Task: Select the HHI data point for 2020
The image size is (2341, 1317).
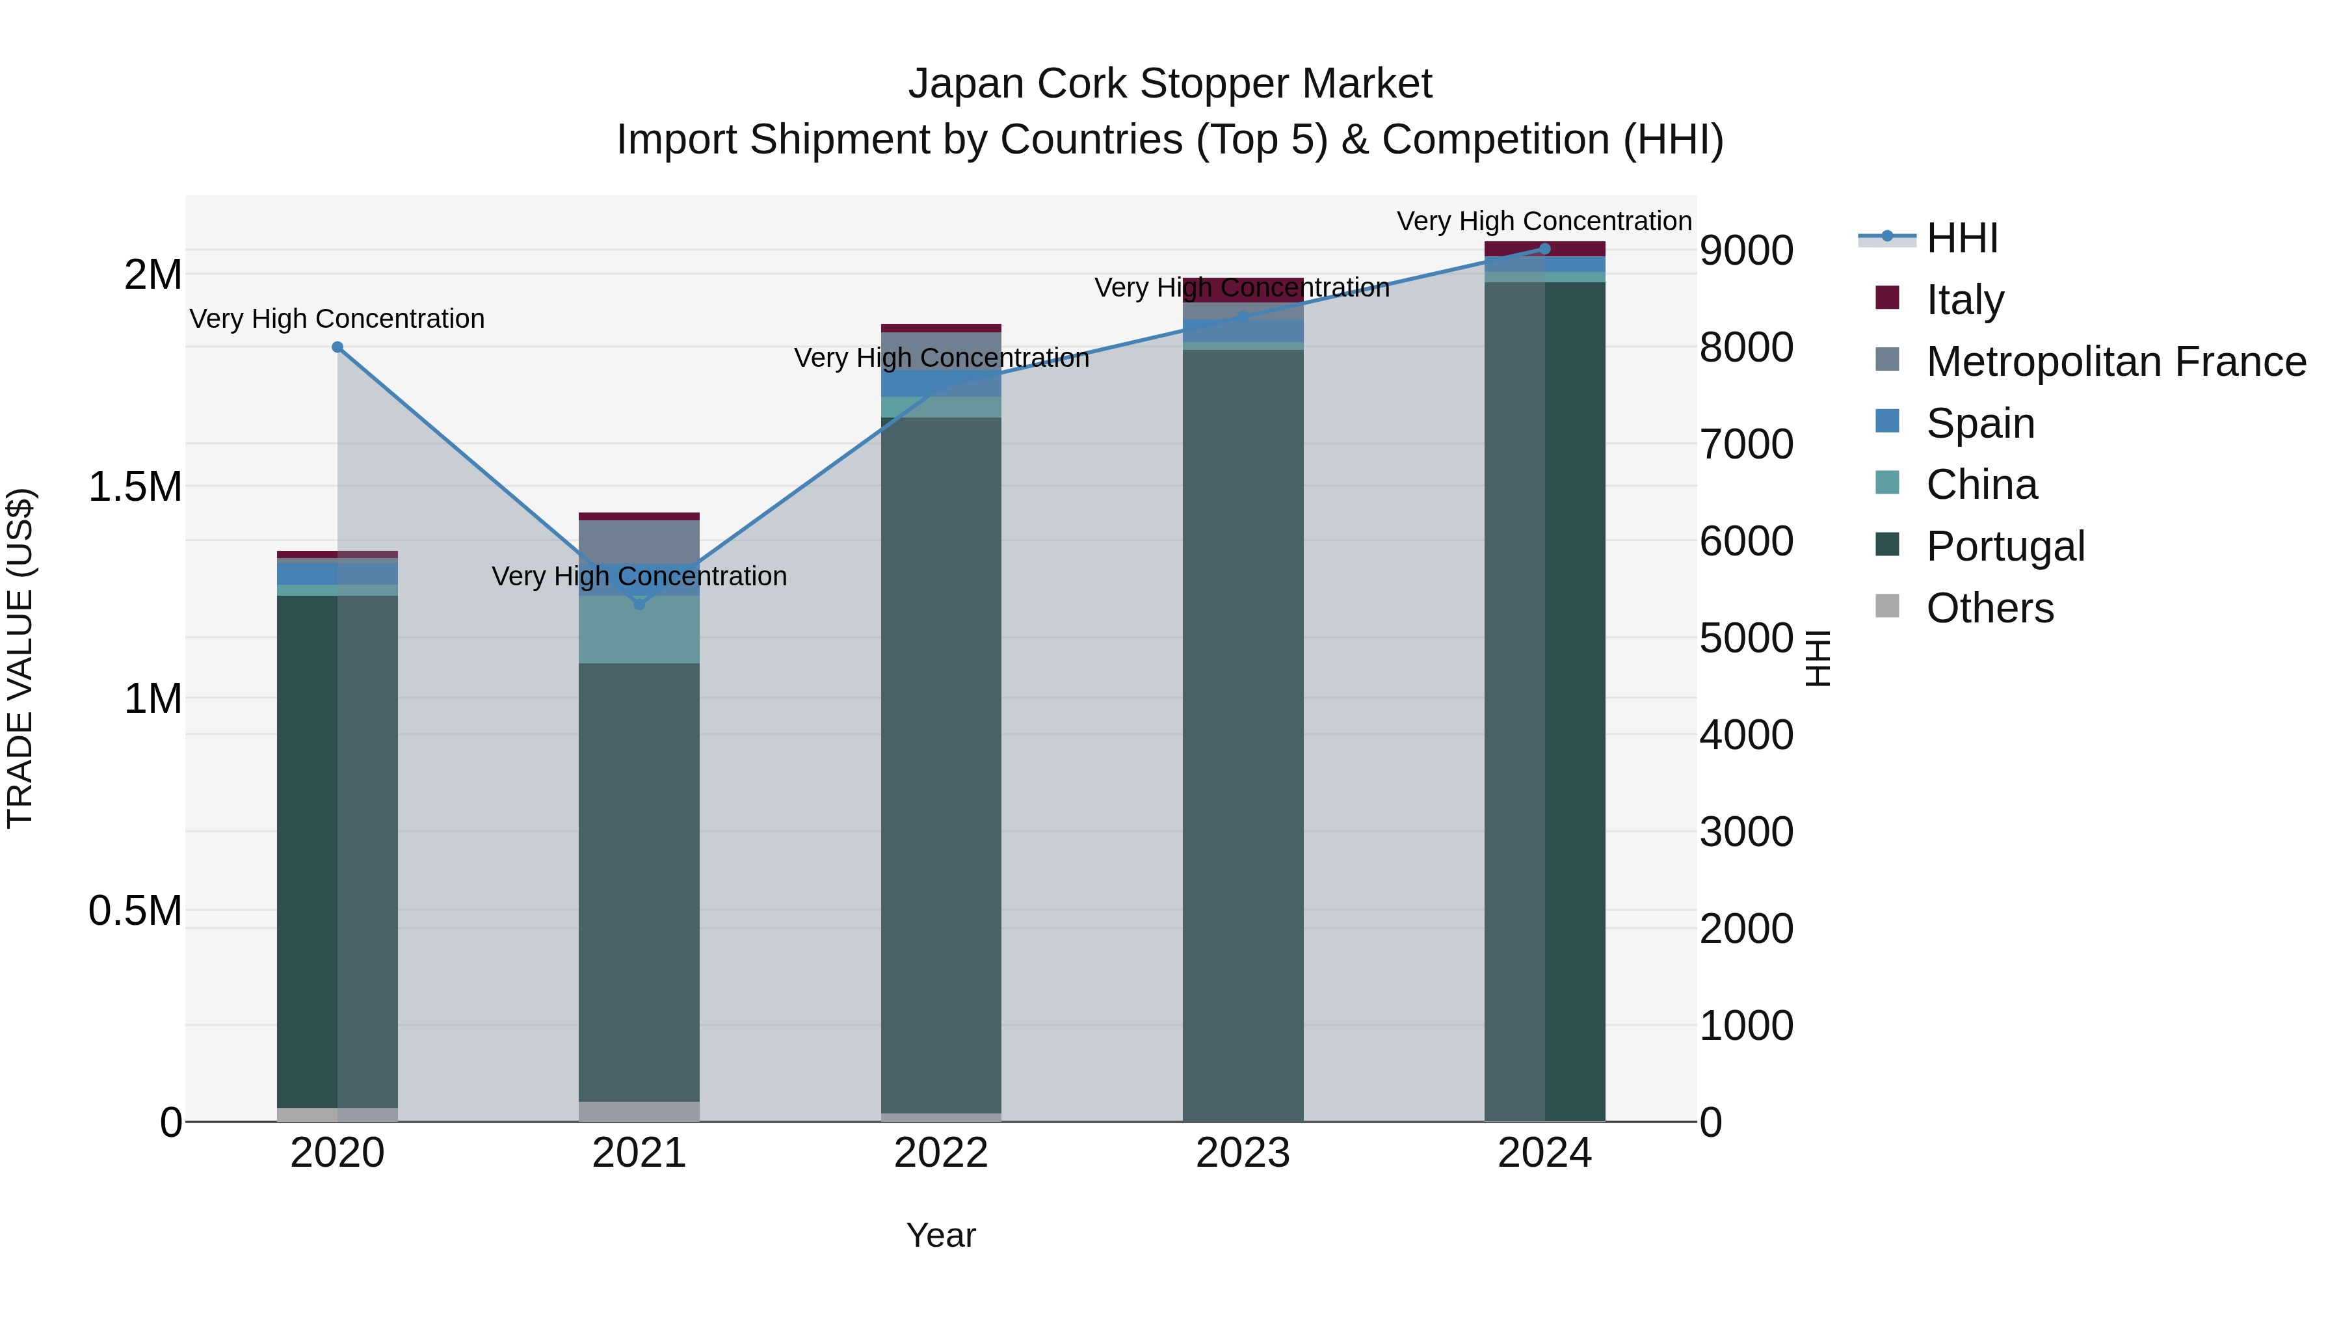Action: tap(337, 347)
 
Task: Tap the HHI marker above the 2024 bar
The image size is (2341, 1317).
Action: tap(1545, 248)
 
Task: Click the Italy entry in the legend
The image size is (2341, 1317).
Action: tap(1964, 300)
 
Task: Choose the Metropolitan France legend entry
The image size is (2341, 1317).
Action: tap(2115, 362)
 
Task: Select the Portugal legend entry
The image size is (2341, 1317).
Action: tap(2005, 546)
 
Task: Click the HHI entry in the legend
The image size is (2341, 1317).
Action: tap(1961, 238)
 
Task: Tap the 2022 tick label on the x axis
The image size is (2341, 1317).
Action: tap(940, 1153)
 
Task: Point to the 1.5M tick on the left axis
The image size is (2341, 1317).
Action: tap(135, 487)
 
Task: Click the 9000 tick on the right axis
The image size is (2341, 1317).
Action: tap(1746, 251)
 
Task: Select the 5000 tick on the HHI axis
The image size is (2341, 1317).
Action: tap(1746, 638)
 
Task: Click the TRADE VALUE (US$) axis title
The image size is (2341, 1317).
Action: tap(21, 658)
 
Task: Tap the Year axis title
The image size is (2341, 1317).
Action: tap(940, 1235)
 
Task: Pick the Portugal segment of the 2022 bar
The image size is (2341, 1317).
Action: tap(940, 764)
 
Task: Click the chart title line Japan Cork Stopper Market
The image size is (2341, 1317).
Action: tap(1170, 84)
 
